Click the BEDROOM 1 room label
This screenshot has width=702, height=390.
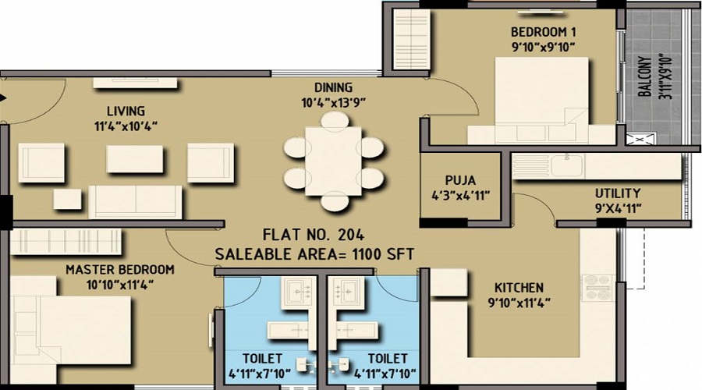click(x=543, y=32)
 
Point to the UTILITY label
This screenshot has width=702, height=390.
click(x=618, y=193)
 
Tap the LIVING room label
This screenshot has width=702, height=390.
click(x=126, y=111)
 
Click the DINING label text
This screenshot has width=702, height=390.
click(x=333, y=87)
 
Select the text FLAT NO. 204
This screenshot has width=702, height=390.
click(x=314, y=233)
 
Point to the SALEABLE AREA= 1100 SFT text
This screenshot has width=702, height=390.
click(x=314, y=253)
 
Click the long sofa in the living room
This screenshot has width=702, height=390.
click(x=136, y=202)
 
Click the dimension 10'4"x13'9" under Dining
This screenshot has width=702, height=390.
click(x=333, y=102)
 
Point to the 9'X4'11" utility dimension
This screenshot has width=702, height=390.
click(x=618, y=207)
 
